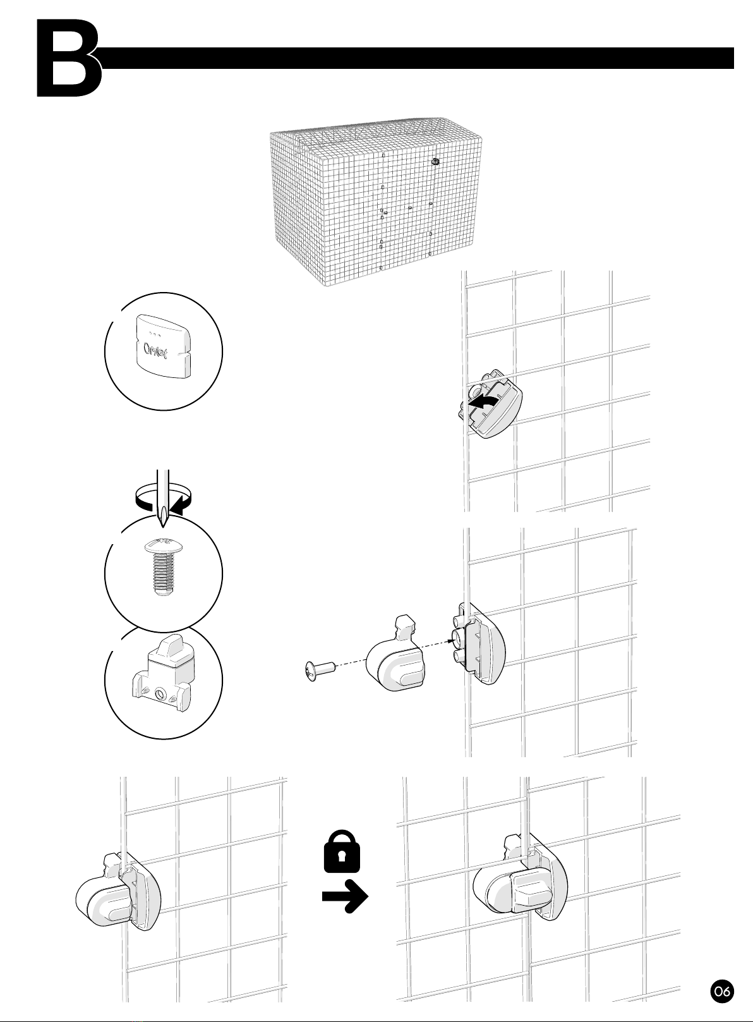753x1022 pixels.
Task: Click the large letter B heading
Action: pos(68,58)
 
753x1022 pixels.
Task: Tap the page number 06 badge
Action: pos(722,989)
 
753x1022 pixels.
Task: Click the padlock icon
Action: pos(342,851)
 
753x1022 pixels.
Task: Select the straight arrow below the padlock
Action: pos(346,896)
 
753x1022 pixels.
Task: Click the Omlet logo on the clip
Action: pos(155,351)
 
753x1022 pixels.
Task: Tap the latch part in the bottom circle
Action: pos(163,672)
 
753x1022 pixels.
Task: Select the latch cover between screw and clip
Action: pos(395,654)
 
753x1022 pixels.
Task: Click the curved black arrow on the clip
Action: pos(485,402)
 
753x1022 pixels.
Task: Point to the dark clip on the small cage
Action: pos(435,161)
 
